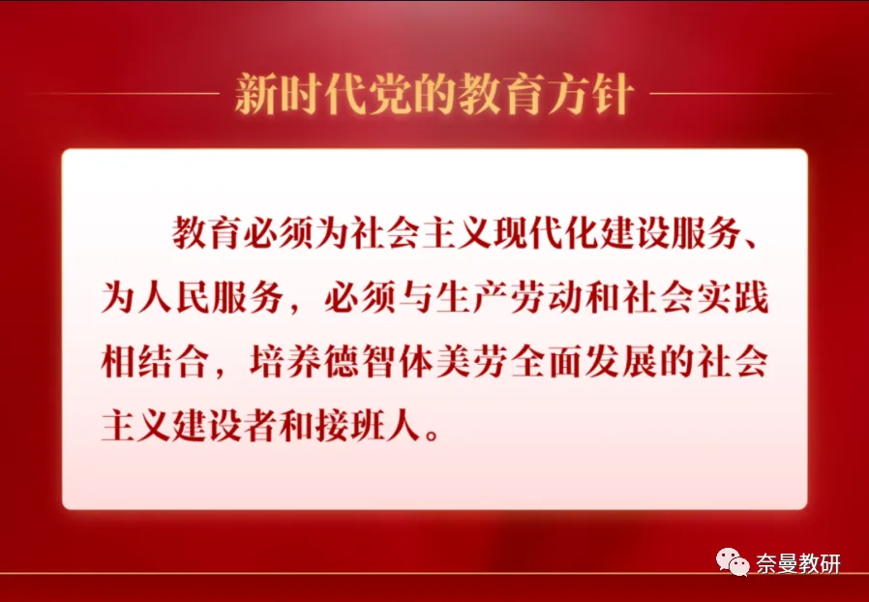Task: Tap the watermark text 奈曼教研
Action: coord(798,561)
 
